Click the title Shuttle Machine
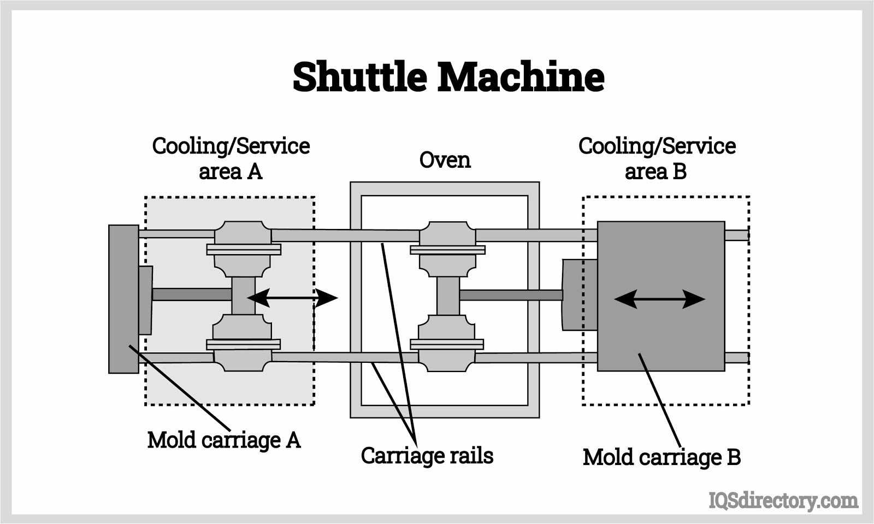pyautogui.click(x=448, y=76)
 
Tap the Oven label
pyautogui.click(x=445, y=160)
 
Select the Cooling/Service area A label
pyautogui.click(x=231, y=158)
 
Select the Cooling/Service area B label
pyautogui.click(x=657, y=158)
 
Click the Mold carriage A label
pyautogui.click(x=224, y=440)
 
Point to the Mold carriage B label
pyautogui.click(x=661, y=457)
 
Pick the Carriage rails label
pyautogui.click(x=427, y=456)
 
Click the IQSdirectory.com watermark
pyautogui.click(x=783, y=500)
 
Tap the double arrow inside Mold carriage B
pyautogui.click(x=659, y=299)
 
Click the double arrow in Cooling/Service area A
pyautogui.click(x=292, y=298)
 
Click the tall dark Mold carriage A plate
pyautogui.click(x=123, y=298)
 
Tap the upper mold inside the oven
pyautogui.click(x=447, y=249)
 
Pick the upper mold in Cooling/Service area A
pyautogui.click(x=243, y=249)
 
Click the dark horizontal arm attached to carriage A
pyautogui.click(x=191, y=295)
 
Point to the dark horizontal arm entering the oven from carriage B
pyautogui.click(x=511, y=295)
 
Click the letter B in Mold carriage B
pyautogui.click(x=733, y=457)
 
